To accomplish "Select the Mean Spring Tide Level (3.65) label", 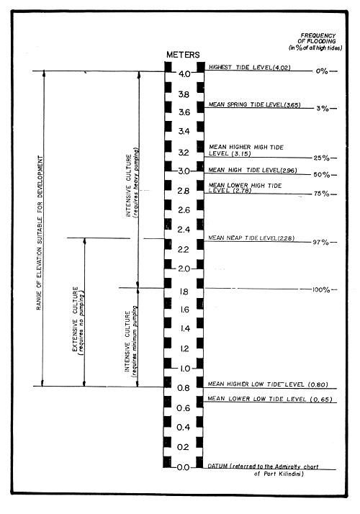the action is tap(249, 104).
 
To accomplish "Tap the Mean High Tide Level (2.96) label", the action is tap(251, 169).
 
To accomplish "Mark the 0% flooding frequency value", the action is tap(320, 72).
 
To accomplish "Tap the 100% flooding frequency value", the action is tap(320, 290).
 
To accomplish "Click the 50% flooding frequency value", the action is tap(320, 175).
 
